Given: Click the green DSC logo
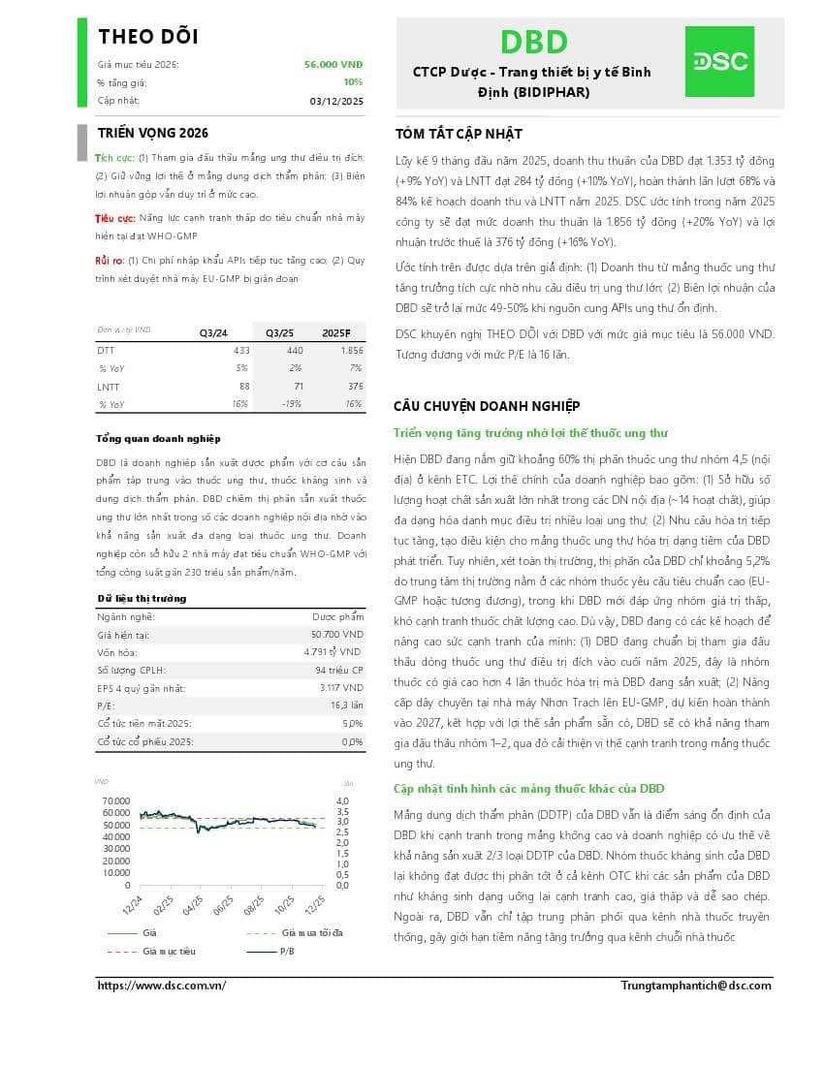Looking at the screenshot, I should click(x=719, y=61).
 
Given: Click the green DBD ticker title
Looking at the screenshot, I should click(x=533, y=43).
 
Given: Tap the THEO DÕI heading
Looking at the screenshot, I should click(x=148, y=37).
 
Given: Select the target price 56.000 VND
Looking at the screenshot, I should click(x=333, y=64).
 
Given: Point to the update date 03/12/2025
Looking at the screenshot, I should click(x=336, y=101).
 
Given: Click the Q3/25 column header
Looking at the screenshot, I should click(x=280, y=332).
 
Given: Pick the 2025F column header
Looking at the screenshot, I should click(x=336, y=332).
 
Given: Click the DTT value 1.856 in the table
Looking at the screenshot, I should click(x=351, y=350).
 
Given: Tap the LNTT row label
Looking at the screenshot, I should click(x=108, y=387).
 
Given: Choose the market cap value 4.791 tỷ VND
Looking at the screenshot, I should click(x=333, y=652).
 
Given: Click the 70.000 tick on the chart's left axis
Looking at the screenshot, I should click(x=115, y=800).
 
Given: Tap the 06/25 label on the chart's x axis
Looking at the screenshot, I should click(x=224, y=905).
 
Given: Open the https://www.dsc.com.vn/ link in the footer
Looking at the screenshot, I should click(x=162, y=986).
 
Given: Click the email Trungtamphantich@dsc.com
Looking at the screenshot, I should click(x=696, y=986).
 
